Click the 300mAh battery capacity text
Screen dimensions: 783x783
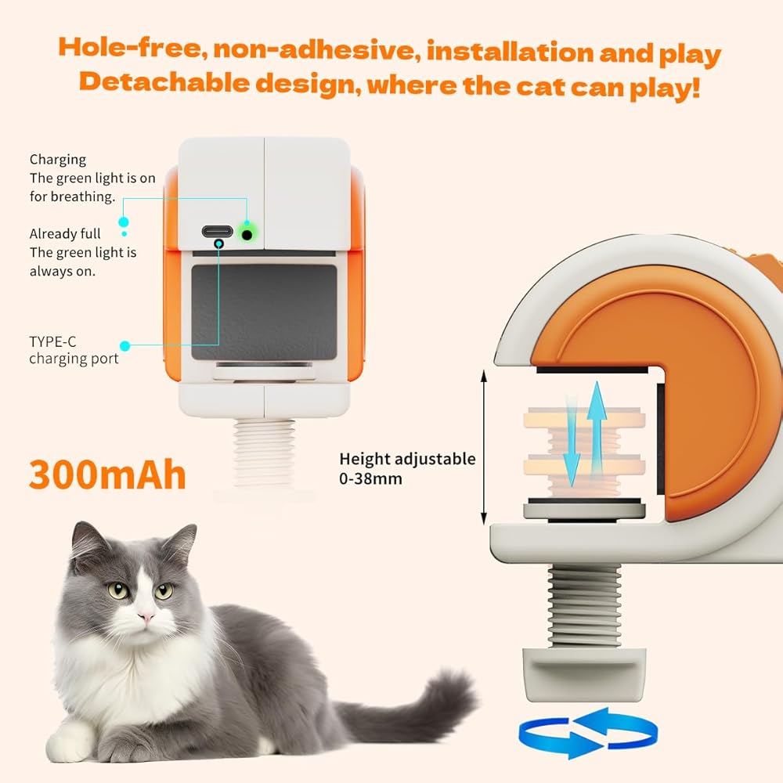click(107, 474)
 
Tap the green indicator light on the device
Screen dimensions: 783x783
click(247, 233)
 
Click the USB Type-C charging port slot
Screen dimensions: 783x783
click(217, 231)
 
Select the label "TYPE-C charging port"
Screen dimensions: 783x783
click(74, 350)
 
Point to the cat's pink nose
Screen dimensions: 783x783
click(147, 618)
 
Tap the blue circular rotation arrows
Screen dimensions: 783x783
click(588, 732)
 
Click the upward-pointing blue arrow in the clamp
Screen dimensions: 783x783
click(597, 428)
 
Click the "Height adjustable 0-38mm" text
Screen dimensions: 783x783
click(407, 468)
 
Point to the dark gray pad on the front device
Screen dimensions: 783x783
click(264, 312)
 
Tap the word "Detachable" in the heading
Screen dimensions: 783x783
click(164, 82)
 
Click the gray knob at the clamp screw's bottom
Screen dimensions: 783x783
click(584, 674)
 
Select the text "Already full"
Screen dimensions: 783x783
click(65, 233)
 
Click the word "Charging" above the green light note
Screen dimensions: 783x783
click(58, 160)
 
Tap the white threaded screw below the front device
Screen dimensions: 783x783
click(264, 453)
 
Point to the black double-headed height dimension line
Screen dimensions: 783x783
click(483, 447)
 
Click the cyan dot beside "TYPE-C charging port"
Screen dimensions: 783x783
click(124, 345)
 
